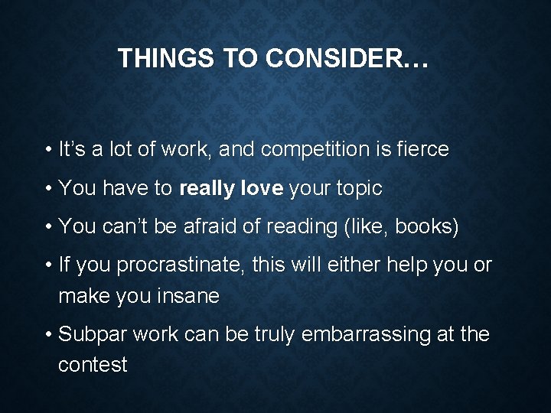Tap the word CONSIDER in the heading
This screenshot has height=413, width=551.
click(x=336, y=60)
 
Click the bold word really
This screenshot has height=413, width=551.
click(x=207, y=187)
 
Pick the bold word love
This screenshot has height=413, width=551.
click(x=262, y=187)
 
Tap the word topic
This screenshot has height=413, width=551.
click(x=357, y=187)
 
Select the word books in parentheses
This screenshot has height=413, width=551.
click(x=431, y=226)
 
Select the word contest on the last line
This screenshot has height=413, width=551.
click(x=93, y=364)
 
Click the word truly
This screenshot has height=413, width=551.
click(x=274, y=335)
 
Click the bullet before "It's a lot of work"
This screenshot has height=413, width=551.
click(x=47, y=149)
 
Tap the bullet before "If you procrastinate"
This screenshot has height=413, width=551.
click(x=47, y=266)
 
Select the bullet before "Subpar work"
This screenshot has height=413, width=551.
click(x=47, y=335)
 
